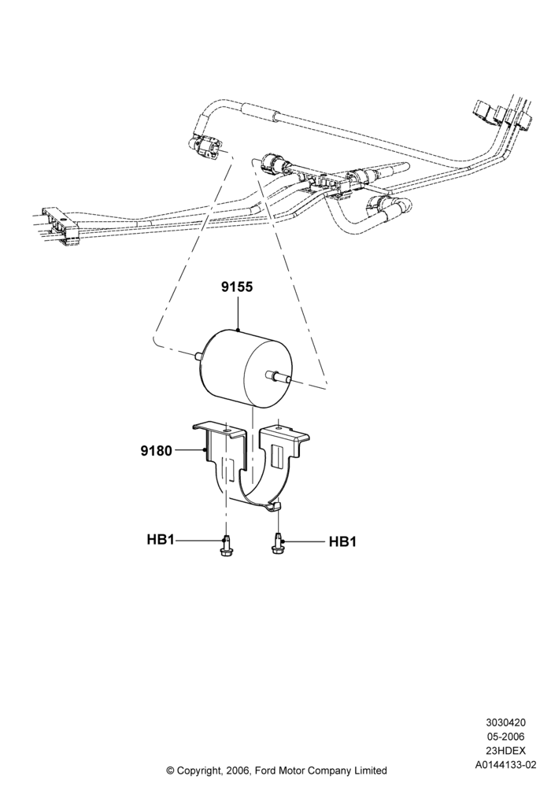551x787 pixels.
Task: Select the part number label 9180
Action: pyautogui.click(x=156, y=451)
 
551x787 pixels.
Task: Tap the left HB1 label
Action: pyautogui.click(x=161, y=540)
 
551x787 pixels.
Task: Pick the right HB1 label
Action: pyautogui.click(x=342, y=542)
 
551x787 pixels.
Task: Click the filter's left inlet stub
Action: pyautogui.click(x=198, y=356)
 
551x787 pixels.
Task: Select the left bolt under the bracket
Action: pyautogui.click(x=225, y=545)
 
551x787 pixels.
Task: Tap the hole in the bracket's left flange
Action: pyautogui.click(x=228, y=430)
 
